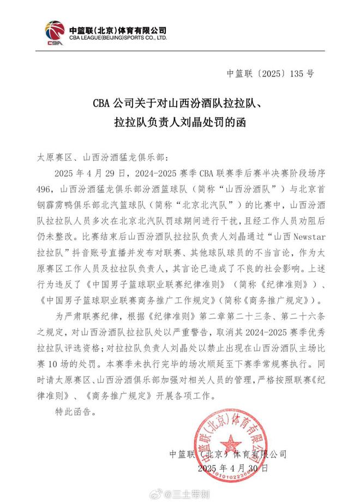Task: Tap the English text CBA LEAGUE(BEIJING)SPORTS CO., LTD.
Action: point(117,39)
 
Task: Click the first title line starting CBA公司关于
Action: point(180,103)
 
